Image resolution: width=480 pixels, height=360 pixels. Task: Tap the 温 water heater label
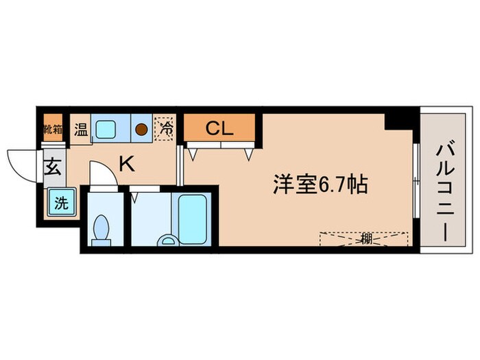[81, 128]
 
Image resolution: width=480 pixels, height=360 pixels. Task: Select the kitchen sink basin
[106, 128]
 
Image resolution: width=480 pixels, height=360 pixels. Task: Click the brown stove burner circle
[142, 128]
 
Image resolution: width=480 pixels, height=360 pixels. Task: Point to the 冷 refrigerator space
[165, 128]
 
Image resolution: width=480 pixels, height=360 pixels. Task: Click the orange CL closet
[219, 128]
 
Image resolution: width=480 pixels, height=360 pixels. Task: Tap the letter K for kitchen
[126, 163]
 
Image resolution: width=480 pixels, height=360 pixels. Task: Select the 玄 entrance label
[52, 167]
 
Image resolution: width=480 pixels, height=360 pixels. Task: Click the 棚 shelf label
[365, 240]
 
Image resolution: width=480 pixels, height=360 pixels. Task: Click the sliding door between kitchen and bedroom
[179, 165]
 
